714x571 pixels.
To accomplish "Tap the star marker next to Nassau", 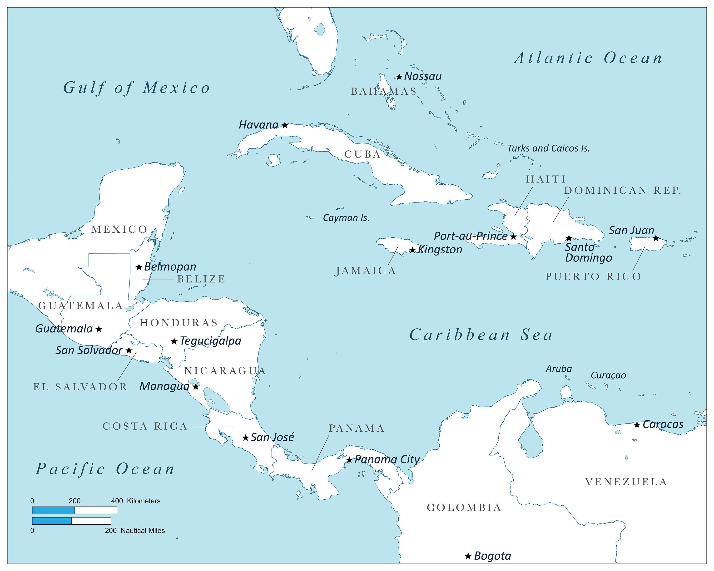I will point(399,77).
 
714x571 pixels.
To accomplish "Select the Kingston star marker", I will point(412,250).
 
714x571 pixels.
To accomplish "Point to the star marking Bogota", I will point(468,556).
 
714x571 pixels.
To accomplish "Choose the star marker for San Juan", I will point(656,238).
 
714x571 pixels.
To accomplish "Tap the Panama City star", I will point(349,460).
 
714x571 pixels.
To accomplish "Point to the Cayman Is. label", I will point(346,218).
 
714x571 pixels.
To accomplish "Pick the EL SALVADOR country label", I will point(80,387).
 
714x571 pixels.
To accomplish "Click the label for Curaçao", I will point(608,375).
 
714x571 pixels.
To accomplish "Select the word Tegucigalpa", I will point(211,341).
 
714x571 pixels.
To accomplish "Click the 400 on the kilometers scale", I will point(117,501).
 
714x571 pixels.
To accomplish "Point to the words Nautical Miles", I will point(143,530).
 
